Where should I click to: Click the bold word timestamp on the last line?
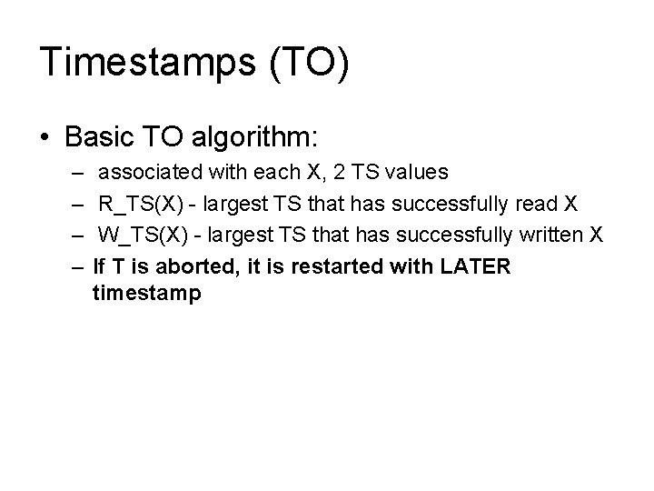coord(146,295)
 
